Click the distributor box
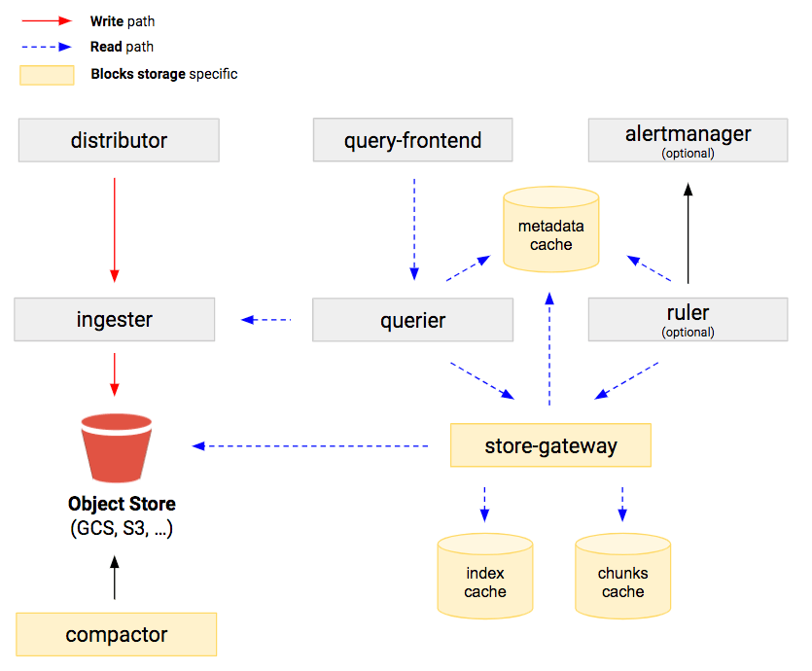tap(119, 141)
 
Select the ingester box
tap(115, 320)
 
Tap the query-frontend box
tap(412, 141)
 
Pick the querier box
tap(412, 320)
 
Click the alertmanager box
tap(688, 141)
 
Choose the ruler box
tap(688, 320)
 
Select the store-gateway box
tap(550, 446)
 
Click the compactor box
tap(116, 635)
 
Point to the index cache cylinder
tap(484, 578)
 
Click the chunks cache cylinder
tap(622, 578)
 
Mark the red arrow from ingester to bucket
tap(115, 374)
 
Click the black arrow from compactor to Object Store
tap(115, 577)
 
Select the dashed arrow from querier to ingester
tap(266, 319)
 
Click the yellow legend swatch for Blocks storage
tap(47, 75)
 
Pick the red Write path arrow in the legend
tap(47, 20)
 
